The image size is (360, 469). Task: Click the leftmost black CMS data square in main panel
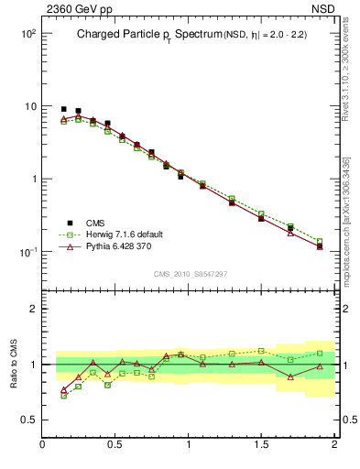point(63,109)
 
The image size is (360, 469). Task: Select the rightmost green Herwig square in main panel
point(320,242)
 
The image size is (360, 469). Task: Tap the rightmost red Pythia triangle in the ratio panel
point(320,366)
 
